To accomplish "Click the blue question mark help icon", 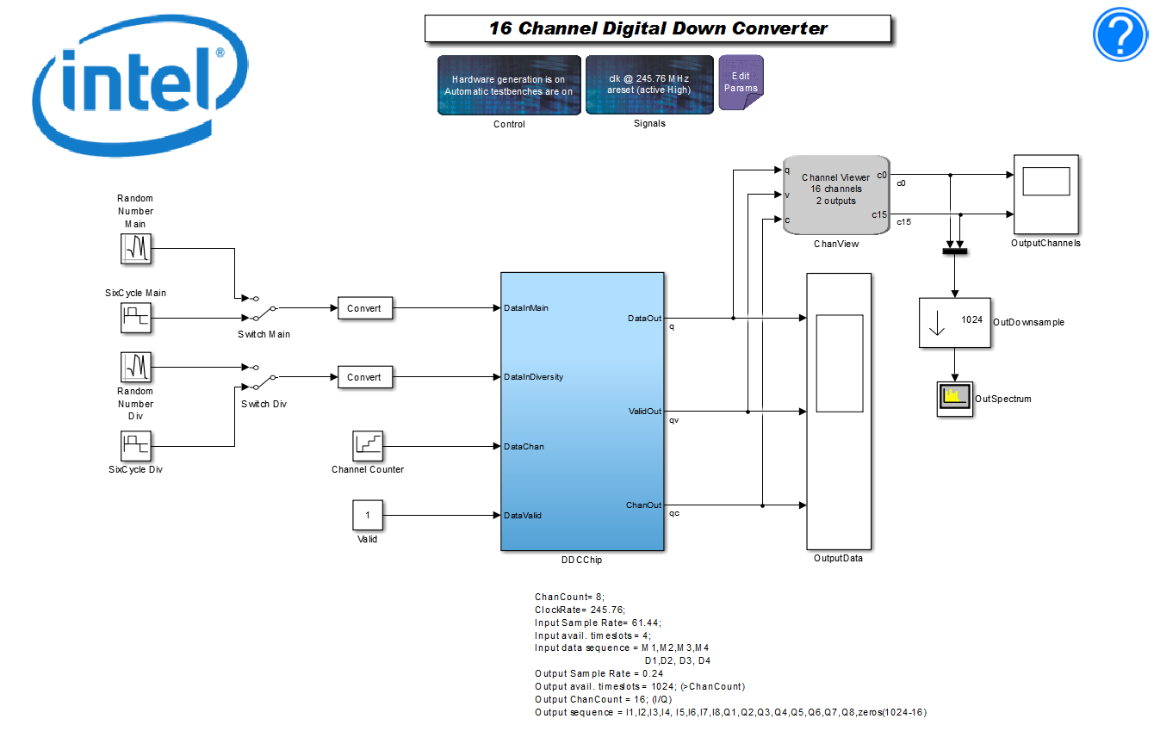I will [1121, 34].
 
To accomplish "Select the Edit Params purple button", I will [741, 83].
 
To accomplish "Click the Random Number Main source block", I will [135, 249].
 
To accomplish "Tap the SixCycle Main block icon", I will [135, 318].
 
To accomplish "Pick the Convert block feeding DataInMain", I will [364, 308].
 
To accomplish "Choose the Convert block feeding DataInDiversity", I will [364, 377].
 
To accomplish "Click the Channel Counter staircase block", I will [368, 446].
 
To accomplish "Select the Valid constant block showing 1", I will [368, 515].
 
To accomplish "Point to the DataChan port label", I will [524, 447].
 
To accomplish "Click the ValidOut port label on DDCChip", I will [645, 412].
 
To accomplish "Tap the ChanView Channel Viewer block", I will [835, 195].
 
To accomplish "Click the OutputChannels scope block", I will [1045, 195].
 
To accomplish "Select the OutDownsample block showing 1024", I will [954, 322].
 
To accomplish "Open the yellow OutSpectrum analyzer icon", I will [954, 399].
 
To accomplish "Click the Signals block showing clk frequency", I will [649, 84].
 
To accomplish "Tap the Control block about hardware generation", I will [508, 84].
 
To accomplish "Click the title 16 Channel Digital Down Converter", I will [658, 28].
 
